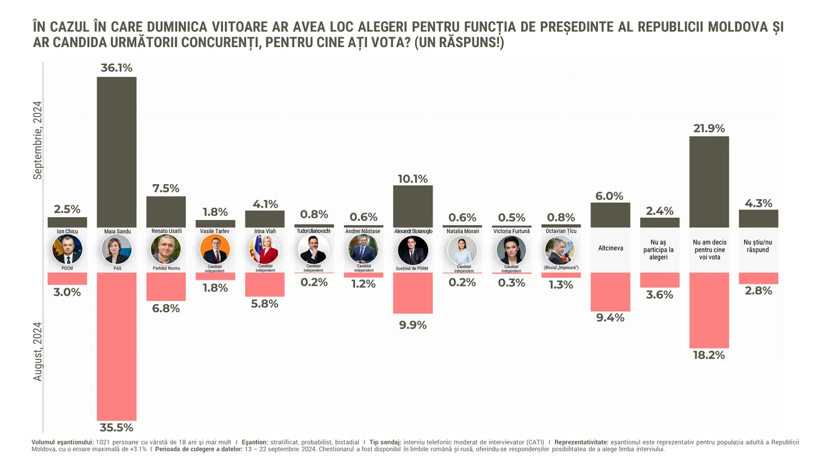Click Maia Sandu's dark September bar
[x=116, y=152]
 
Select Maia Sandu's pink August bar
[x=116, y=347]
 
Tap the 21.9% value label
[x=709, y=128]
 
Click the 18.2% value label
[x=709, y=355]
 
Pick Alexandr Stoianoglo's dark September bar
[x=413, y=206]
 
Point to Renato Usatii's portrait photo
[x=166, y=249]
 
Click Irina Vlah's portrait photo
[x=265, y=249]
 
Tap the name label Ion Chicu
[x=67, y=231]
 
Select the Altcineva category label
[x=610, y=248]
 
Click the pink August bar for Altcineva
[x=610, y=292]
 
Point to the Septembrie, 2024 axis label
[x=38, y=140]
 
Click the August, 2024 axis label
[x=38, y=352]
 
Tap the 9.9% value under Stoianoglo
[x=413, y=325]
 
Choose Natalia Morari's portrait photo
[x=462, y=250]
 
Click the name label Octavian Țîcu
[x=561, y=231]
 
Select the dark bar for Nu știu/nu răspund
[x=758, y=218]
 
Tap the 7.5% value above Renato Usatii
[x=166, y=188]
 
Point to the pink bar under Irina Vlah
[x=265, y=285]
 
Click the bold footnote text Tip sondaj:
[x=385, y=442]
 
